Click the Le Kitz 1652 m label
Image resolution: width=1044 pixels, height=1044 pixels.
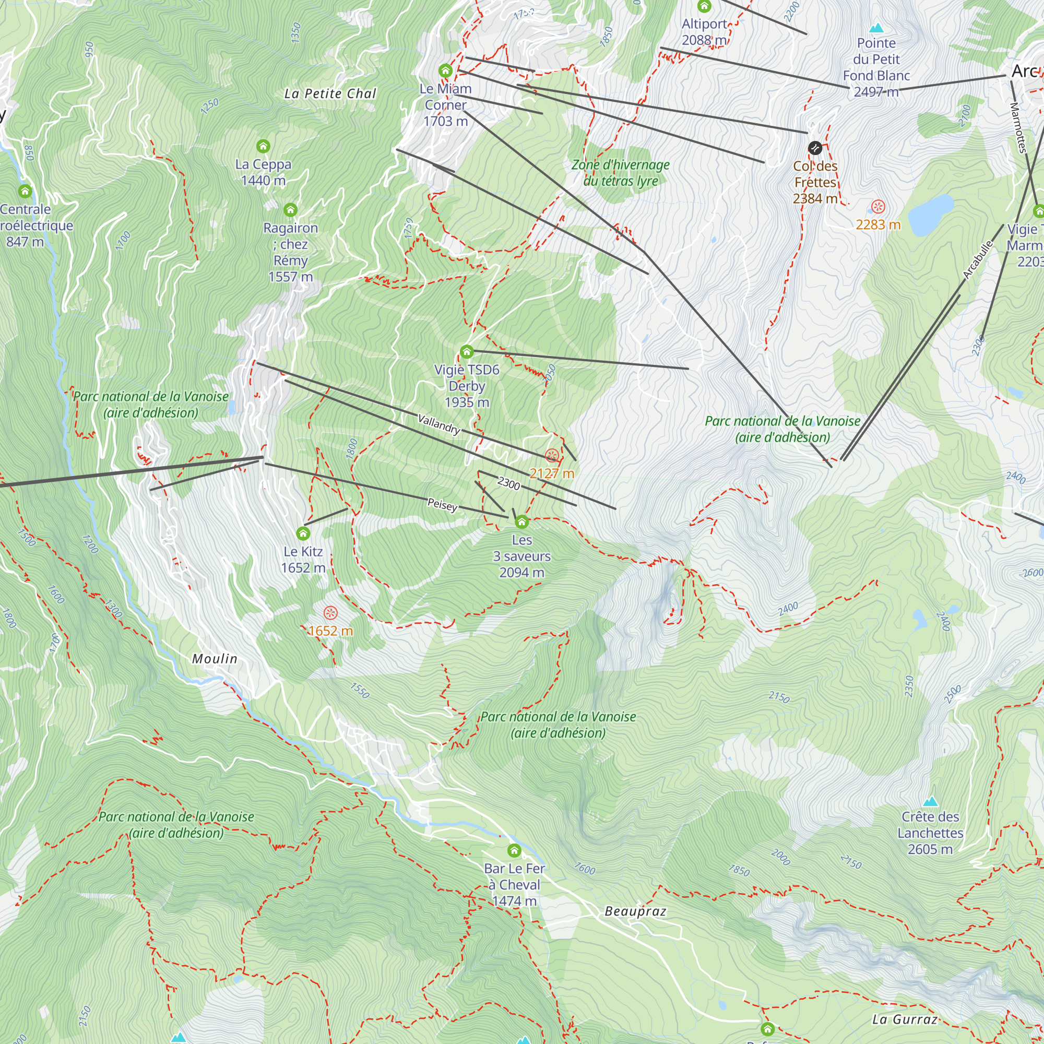click(x=303, y=559)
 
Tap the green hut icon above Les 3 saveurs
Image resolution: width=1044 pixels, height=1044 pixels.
click(x=521, y=521)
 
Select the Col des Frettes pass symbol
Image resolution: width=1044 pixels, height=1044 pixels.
click(x=815, y=148)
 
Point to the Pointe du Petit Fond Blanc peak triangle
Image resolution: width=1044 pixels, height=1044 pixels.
click(x=876, y=28)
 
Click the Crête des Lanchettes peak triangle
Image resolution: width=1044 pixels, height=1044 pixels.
click(x=930, y=801)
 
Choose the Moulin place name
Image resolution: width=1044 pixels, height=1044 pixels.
click(x=215, y=659)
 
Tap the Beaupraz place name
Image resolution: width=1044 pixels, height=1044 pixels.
click(x=635, y=911)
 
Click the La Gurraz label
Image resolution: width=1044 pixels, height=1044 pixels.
click(x=905, y=1019)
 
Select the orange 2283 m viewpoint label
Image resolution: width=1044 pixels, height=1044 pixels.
click(x=877, y=225)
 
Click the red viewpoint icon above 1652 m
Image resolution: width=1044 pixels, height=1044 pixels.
click(x=330, y=613)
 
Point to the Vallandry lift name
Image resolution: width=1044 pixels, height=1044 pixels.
click(x=439, y=424)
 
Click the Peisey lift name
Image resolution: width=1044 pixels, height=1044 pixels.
click(x=442, y=505)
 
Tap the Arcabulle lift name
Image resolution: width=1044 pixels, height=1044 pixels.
click(x=978, y=260)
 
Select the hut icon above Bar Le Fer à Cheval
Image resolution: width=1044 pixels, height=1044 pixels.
click(x=514, y=851)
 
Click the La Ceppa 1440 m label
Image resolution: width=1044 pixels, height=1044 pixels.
click(x=263, y=172)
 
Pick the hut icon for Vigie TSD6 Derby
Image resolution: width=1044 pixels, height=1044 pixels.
click(x=466, y=352)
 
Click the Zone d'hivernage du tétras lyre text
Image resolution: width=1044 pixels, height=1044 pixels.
click(x=620, y=173)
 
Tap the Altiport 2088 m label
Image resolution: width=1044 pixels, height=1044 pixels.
click(x=704, y=32)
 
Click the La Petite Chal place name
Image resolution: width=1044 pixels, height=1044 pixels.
click(x=330, y=93)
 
